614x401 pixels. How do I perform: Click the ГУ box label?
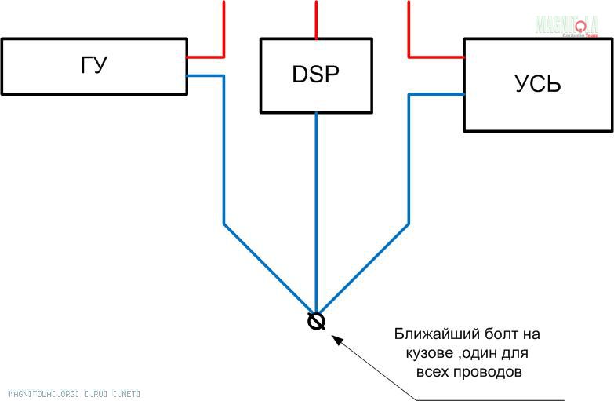click(93, 65)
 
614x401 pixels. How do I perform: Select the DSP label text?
click(316, 75)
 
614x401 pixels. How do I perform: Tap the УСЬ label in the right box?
click(538, 84)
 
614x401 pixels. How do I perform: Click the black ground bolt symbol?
click(316, 321)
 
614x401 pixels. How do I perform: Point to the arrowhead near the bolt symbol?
click(336, 339)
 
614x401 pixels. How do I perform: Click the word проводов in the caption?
click(491, 371)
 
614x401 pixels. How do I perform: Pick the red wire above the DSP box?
click(316, 20)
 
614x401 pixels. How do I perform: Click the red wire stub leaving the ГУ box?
click(205, 57)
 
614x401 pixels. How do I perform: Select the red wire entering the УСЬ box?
click(436, 57)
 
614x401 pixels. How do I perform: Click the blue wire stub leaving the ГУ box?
click(205, 75)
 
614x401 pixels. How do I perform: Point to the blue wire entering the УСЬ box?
click(437, 94)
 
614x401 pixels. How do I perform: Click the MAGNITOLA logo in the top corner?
click(566, 26)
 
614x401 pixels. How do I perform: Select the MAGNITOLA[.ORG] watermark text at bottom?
click(75, 393)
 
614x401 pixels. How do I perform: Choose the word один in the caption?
click(496, 353)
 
